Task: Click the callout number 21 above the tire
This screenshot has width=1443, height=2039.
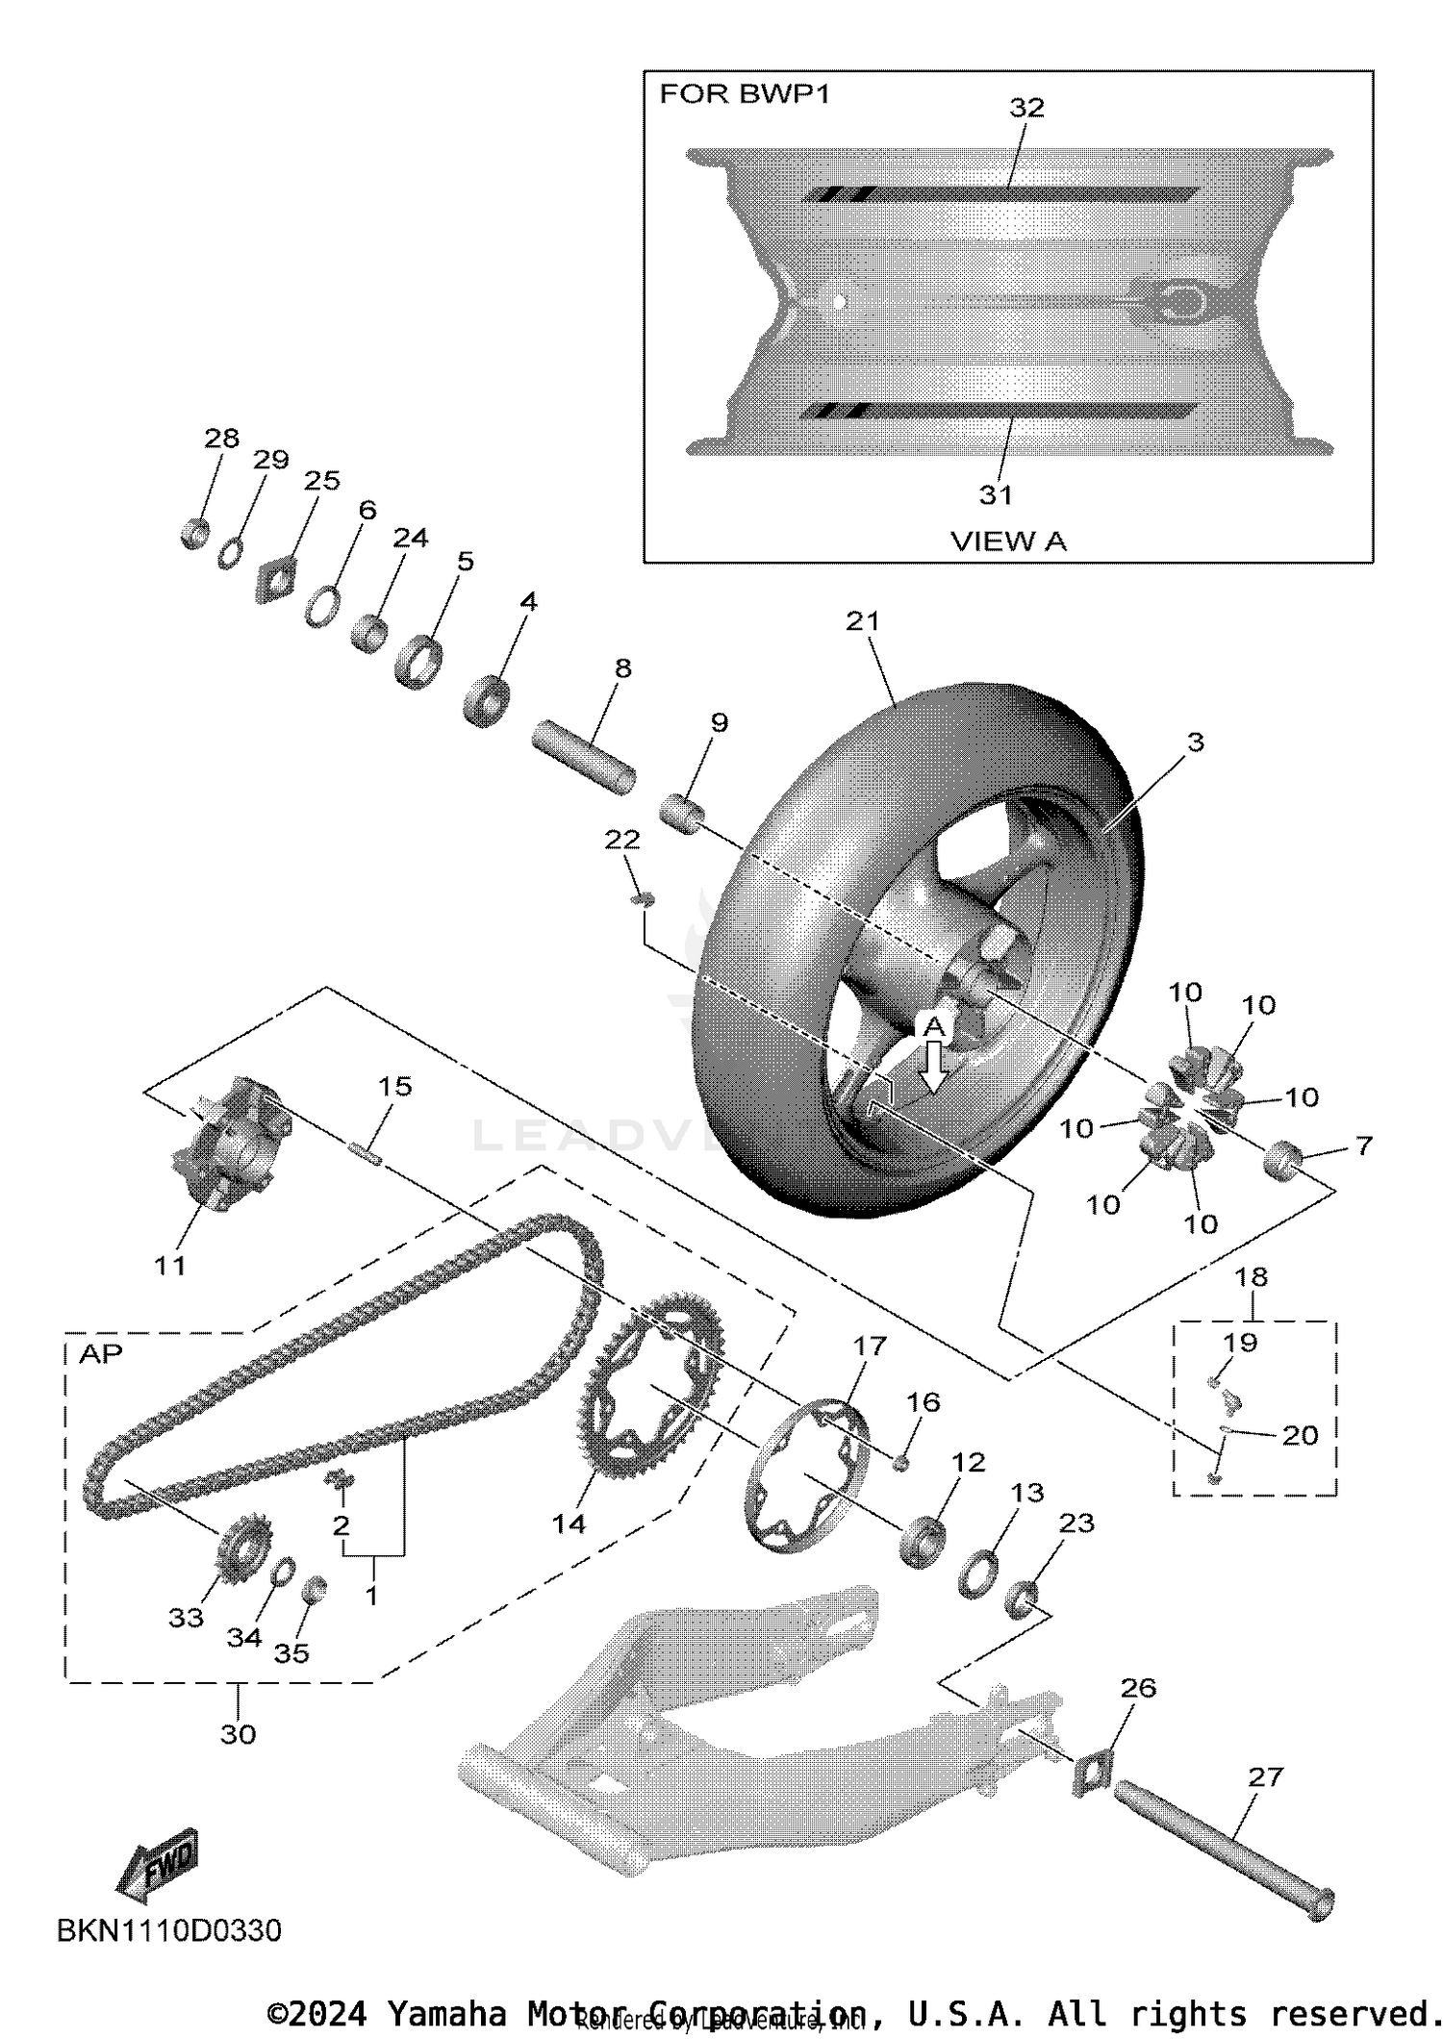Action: [x=863, y=621]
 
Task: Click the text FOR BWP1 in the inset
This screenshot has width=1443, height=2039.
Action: [x=744, y=94]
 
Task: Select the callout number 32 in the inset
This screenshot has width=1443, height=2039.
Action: [x=1026, y=108]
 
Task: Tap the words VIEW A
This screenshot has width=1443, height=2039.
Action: [x=1008, y=541]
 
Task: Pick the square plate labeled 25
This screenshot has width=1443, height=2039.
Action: [x=276, y=581]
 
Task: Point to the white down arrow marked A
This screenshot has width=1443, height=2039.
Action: [x=934, y=1067]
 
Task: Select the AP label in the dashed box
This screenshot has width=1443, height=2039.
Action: [x=100, y=1354]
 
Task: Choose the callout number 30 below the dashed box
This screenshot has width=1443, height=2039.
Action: [x=238, y=1734]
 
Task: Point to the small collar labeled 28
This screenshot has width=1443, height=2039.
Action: [x=195, y=533]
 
